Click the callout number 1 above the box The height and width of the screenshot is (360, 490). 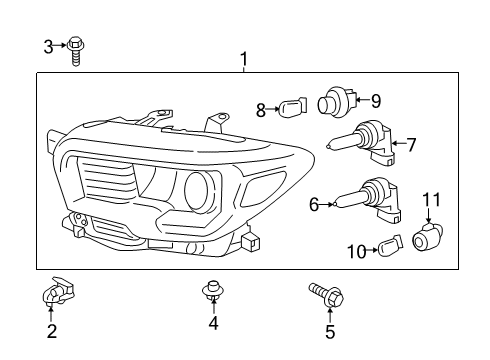tap(243, 61)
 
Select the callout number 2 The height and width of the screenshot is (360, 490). tap(51, 330)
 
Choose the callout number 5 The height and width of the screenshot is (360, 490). tap(330, 332)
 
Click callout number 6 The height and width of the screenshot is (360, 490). tap(314, 205)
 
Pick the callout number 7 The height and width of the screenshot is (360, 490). tap(410, 145)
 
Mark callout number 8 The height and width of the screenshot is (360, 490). tap(261, 110)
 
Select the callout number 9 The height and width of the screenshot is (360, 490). tap(376, 100)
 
